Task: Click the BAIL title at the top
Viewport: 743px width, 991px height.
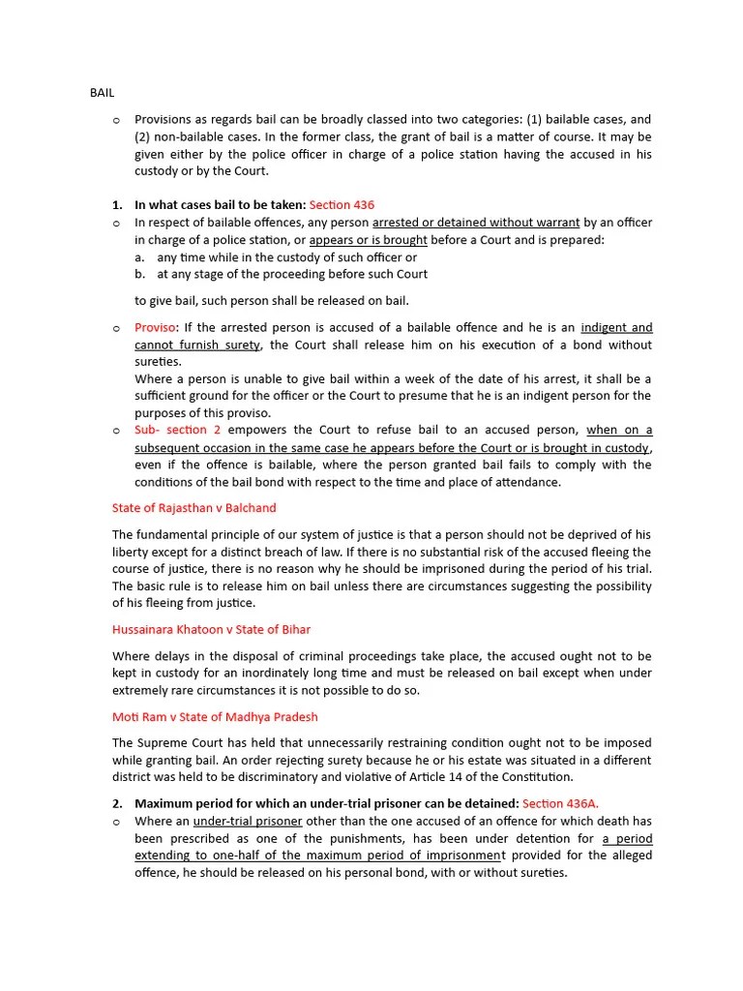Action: click(101, 93)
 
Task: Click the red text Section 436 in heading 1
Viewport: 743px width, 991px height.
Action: click(342, 205)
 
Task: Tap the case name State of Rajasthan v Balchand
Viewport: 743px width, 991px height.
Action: click(193, 508)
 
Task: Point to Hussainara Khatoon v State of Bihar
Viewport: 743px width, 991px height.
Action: click(211, 630)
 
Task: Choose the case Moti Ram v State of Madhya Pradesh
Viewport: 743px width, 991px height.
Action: click(215, 717)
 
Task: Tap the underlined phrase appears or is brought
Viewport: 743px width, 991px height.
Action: click(368, 240)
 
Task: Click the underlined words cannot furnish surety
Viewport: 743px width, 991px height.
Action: click(197, 345)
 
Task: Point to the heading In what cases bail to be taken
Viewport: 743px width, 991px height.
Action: click(220, 205)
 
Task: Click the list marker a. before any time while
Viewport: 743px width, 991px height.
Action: click(140, 257)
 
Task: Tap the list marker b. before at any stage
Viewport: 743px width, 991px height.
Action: click(140, 274)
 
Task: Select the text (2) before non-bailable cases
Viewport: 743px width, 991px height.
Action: click(144, 136)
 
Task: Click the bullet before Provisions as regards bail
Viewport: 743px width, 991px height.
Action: click(116, 120)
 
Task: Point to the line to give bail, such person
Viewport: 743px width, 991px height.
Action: click(272, 301)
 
